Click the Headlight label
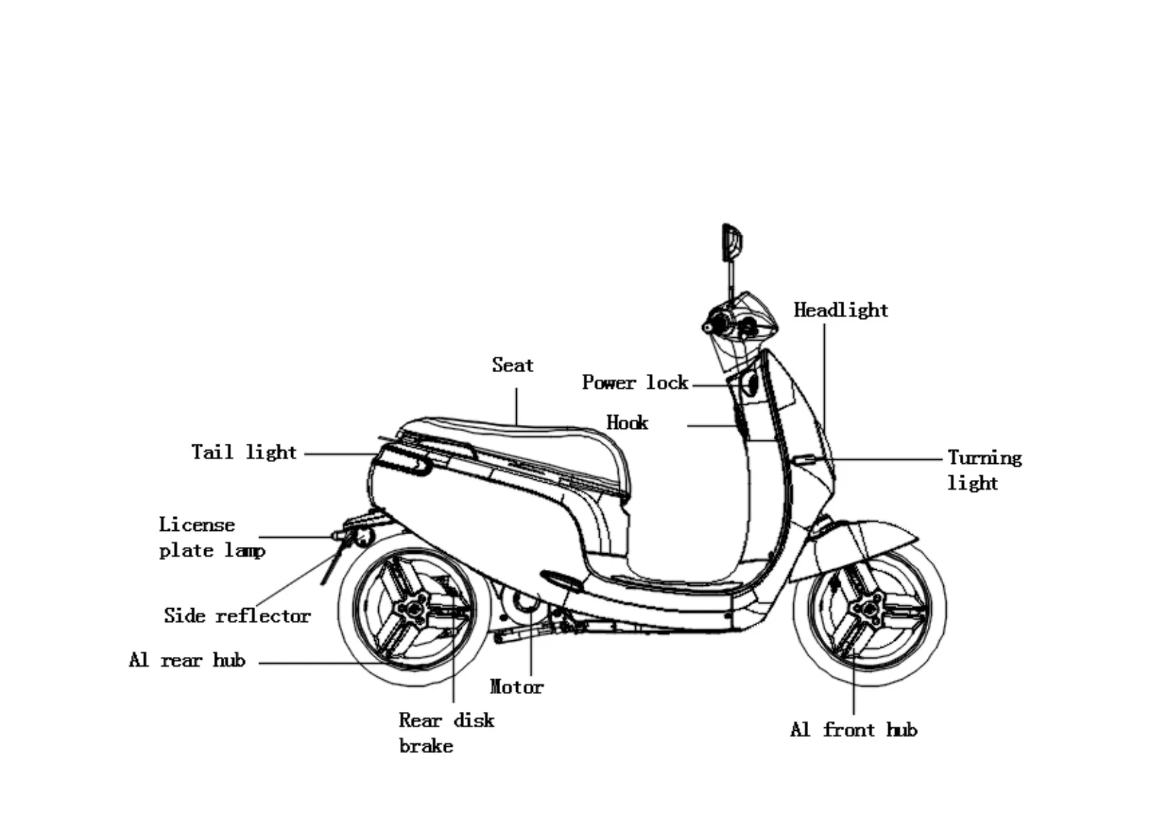coord(841,310)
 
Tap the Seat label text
coord(513,365)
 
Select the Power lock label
coord(635,382)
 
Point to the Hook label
coord(627,423)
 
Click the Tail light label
coord(244,452)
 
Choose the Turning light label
coord(984,470)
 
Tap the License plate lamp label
coord(211,537)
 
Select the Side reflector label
coord(237,616)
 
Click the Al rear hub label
coord(187,660)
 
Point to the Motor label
coord(516,687)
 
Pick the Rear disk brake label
coord(446,733)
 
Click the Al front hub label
coord(853,730)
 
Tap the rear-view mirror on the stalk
coord(731,242)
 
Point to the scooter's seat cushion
coord(515,439)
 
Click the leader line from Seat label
coord(516,406)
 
